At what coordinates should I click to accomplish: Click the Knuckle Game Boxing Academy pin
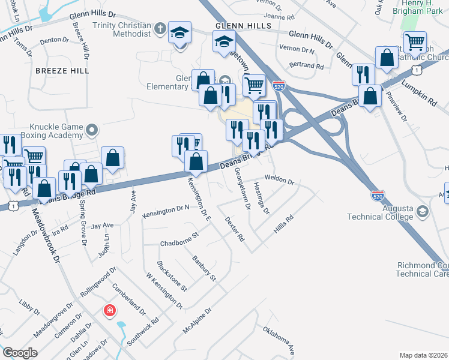pyautogui.click(x=92, y=129)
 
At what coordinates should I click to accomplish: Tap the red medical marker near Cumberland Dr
pyautogui.click(x=109, y=310)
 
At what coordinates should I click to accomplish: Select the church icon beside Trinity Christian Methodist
pyautogui.click(x=160, y=28)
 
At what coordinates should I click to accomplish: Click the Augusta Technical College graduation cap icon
pyautogui.click(x=423, y=211)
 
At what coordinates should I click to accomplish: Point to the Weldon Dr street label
pyautogui.click(x=280, y=181)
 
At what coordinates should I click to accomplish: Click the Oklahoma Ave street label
pyautogui.click(x=279, y=340)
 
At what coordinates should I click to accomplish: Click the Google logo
pyautogui.click(x=19, y=353)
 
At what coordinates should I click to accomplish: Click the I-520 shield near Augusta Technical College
pyautogui.click(x=378, y=196)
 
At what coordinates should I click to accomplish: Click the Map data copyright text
pyautogui.click(x=422, y=355)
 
